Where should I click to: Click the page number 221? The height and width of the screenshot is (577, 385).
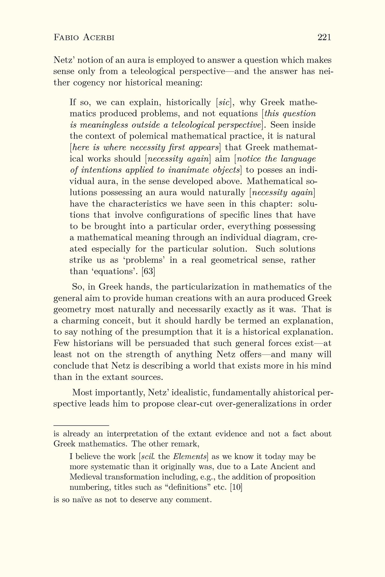click(x=324, y=38)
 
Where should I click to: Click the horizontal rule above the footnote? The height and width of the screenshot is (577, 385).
click(x=81, y=425)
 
